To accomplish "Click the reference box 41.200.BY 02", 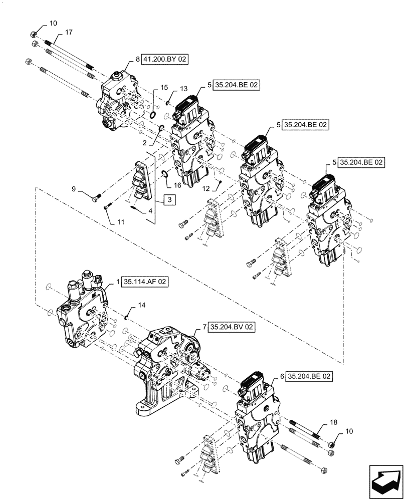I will pos(165,59).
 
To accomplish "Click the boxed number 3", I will pos(169,200).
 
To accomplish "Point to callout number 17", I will pos(68,33).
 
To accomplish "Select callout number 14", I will pos(142,305).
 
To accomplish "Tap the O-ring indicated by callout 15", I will pos(151,116).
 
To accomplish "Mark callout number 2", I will pos(144,143).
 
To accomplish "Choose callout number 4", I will pos(149,211).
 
